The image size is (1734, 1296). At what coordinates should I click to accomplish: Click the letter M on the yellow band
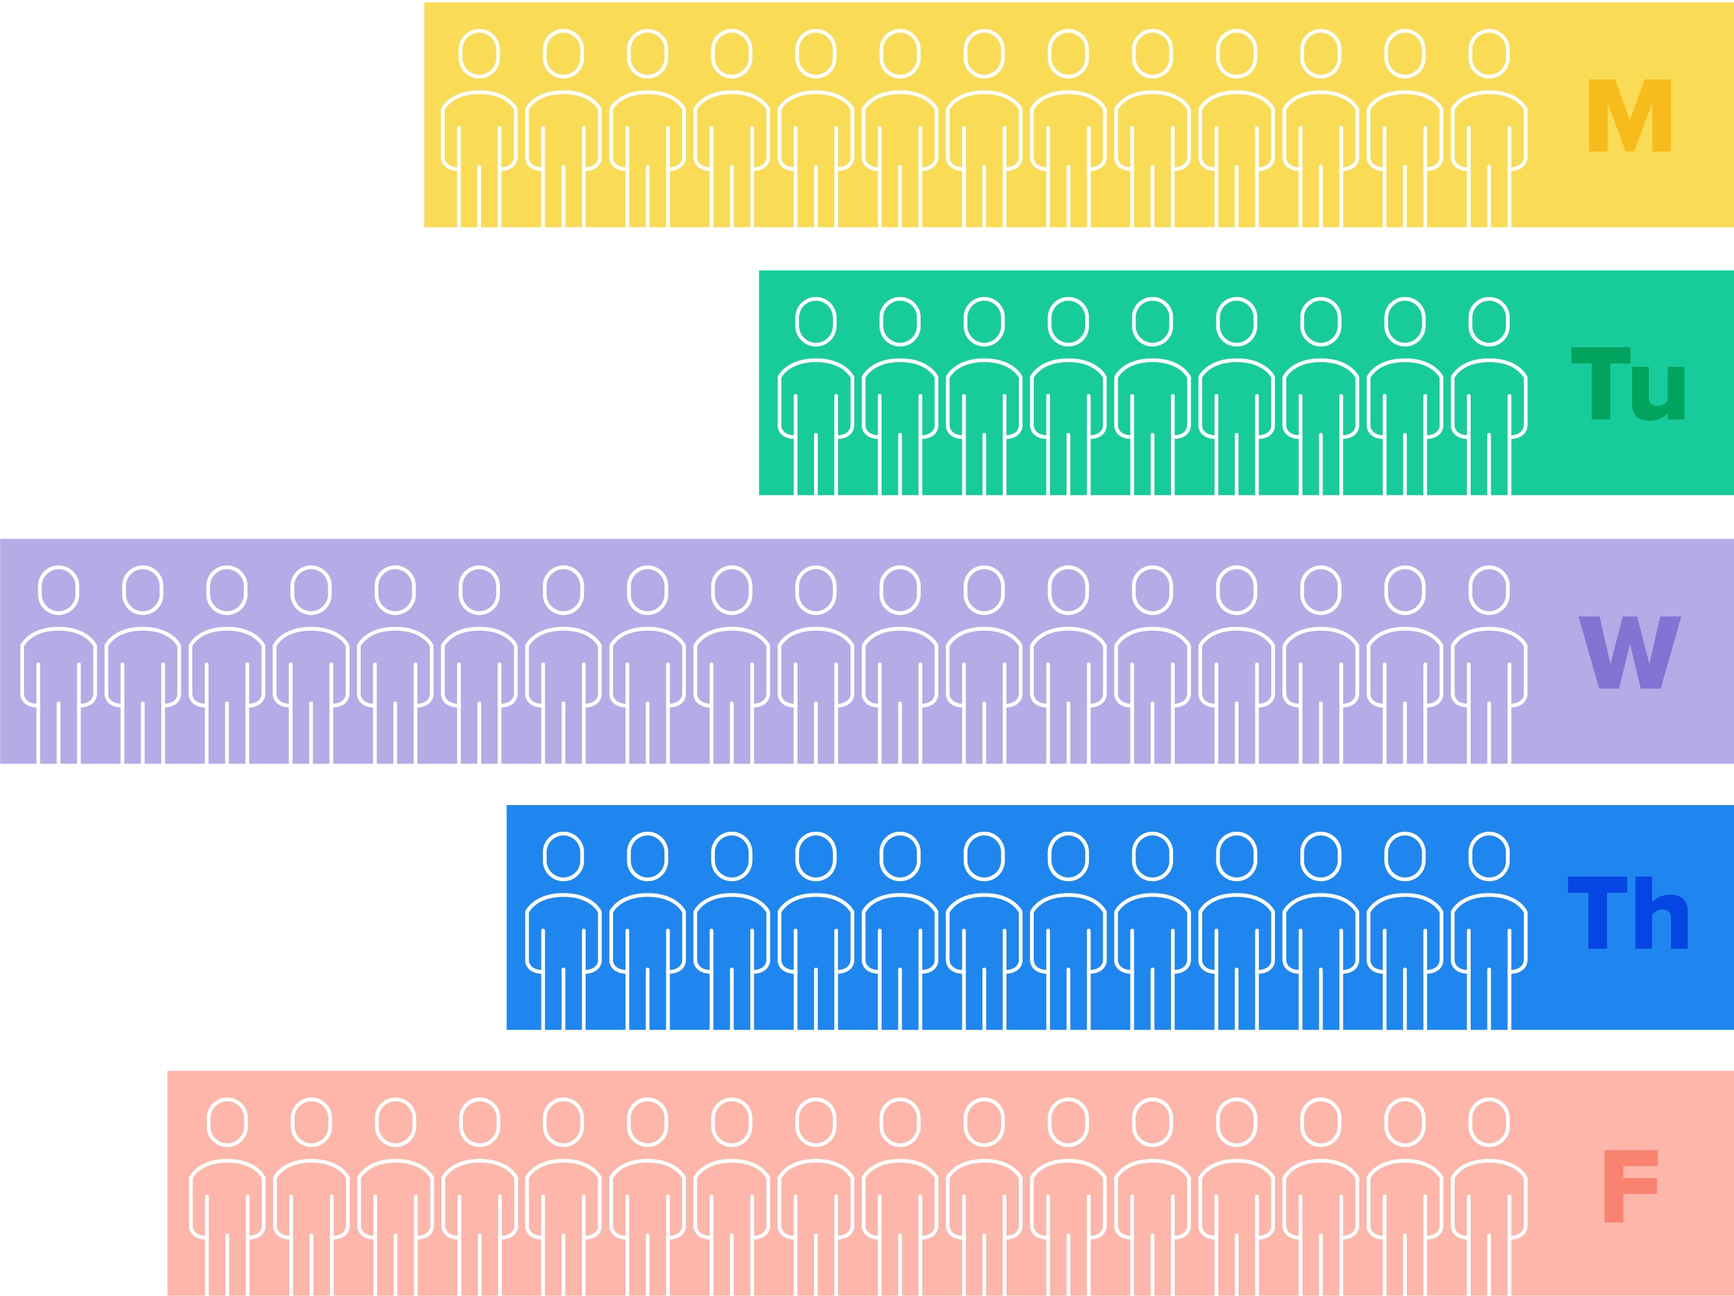[1630, 115]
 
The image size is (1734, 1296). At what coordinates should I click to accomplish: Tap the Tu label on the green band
[1628, 384]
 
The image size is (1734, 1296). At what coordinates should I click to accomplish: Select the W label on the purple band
[1630, 652]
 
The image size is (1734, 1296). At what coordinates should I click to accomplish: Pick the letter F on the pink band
[1631, 1186]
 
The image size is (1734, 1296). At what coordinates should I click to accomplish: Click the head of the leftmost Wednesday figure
[59, 590]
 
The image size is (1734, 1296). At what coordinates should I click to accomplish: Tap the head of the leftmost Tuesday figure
[815, 321]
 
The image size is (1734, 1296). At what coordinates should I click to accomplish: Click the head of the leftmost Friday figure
[228, 1122]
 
